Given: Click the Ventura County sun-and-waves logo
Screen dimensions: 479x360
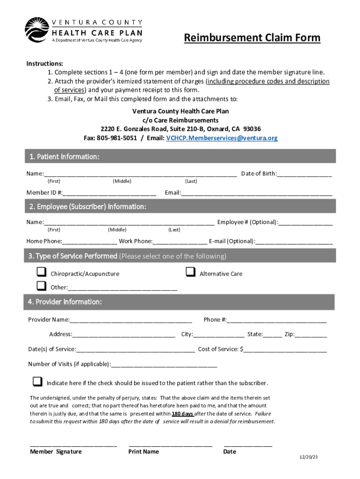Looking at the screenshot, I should [x=36, y=29].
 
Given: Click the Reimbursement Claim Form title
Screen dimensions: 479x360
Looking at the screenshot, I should [x=252, y=37].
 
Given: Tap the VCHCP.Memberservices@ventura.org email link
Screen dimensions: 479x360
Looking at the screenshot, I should [x=222, y=138].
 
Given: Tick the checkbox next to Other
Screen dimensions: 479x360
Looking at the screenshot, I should [x=42, y=286].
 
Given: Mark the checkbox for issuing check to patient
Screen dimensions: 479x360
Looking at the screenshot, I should [x=37, y=382].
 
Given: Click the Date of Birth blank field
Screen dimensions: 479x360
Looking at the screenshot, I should [x=304, y=174].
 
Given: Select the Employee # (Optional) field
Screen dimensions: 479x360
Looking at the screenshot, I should [x=306, y=222].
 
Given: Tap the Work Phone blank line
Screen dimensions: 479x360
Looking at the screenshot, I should [x=180, y=241].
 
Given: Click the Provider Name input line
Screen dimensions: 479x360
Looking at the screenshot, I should [x=131, y=319].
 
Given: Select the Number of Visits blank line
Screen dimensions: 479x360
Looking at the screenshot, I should [x=165, y=364].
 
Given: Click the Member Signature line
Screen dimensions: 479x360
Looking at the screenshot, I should [x=73, y=445].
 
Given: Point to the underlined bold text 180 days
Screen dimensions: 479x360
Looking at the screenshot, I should [x=182, y=414].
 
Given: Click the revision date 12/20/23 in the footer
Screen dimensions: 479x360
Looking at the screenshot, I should [x=309, y=457].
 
